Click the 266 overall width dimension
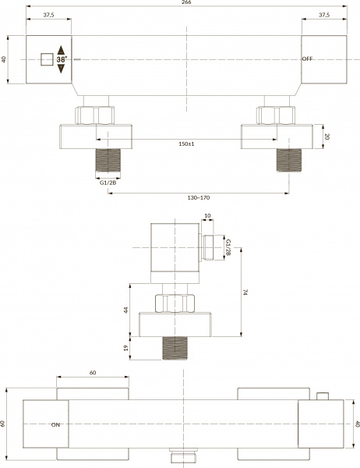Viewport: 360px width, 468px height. click(x=186, y=2)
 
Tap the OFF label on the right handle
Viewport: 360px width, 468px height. click(x=307, y=58)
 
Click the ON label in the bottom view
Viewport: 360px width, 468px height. click(x=55, y=425)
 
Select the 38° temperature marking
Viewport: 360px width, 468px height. click(x=62, y=59)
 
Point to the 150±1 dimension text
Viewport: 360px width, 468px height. click(x=186, y=144)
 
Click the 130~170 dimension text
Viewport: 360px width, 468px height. click(x=199, y=197)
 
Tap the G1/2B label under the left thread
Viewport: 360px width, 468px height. click(x=108, y=183)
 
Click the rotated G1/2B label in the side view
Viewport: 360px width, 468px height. click(x=228, y=247)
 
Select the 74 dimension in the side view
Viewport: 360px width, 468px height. click(x=245, y=292)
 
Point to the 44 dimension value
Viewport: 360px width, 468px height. click(x=126, y=310)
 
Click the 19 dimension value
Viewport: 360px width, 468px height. click(x=126, y=348)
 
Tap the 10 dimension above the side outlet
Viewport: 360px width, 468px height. click(x=207, y=215)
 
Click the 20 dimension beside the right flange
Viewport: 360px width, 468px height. click(x=327, y=136)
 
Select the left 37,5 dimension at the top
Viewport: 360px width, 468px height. click(x=48, y=15)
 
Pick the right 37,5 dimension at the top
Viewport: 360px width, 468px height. click(x=324, y=15)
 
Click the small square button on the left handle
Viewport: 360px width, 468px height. click(x=47, y=59)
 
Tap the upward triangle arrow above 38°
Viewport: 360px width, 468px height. click(x=61, y=50)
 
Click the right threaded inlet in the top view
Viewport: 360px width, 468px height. click(x=289, y=160)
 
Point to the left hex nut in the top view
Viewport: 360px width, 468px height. click(x=94, y=115)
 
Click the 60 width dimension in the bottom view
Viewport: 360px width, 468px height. click(x=93, y=373)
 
